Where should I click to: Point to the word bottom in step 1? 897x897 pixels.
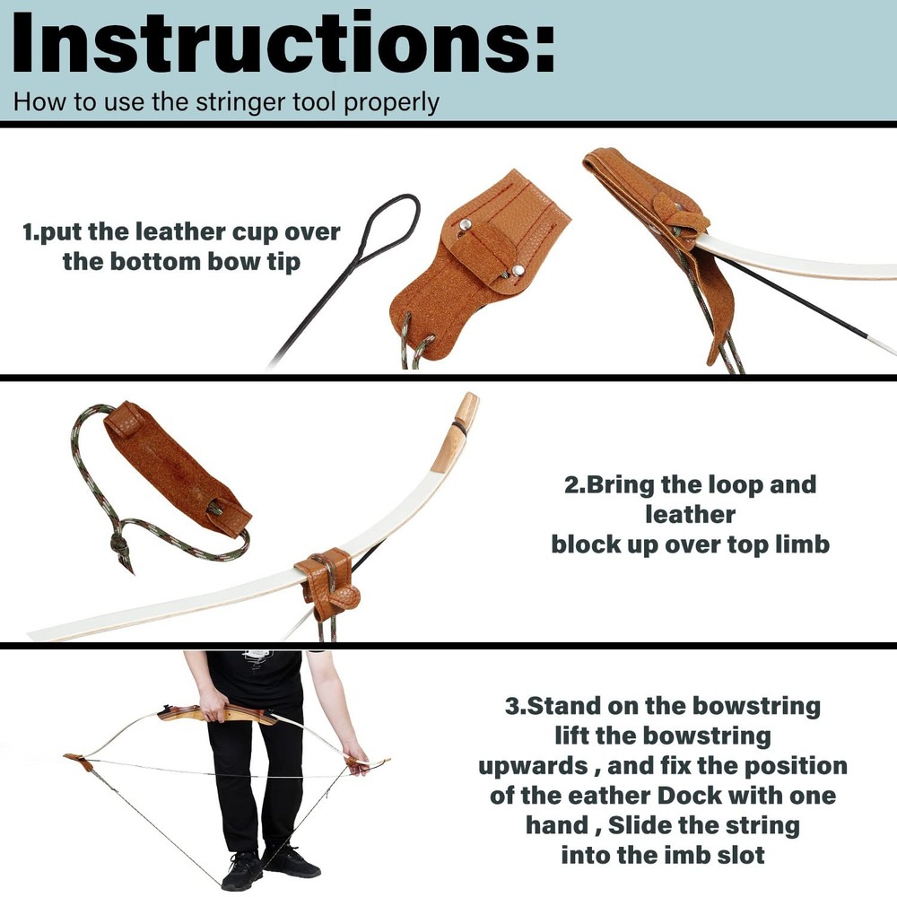pyautogui.click(x=158, y=263)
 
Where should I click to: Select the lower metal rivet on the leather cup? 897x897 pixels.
pyautogui.click(x=519, y=270)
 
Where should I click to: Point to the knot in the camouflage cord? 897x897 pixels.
pyautogui.click(x=118, y=544)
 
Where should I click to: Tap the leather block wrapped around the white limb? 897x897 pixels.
pyautogui.click(x=327, y=579)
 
